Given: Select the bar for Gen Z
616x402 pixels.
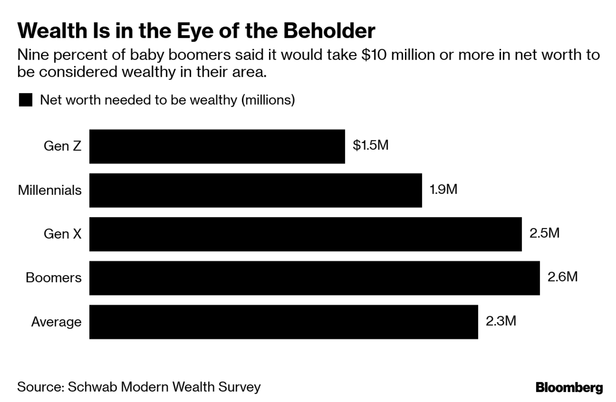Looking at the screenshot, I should pyautogui.click(x=217, y=146).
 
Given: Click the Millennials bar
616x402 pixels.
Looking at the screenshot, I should pyautogui.click(x=255, y=190).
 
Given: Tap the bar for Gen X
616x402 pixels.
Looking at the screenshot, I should pyautogui.click(x=305, y=234).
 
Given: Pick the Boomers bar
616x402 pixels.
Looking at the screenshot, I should pyautogui.click(x=314, y=278).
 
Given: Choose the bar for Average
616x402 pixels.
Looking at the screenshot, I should pyautogui.click(x=283, y=322).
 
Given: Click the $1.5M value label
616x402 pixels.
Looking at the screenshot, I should pyautogui.click(x=371, y=145).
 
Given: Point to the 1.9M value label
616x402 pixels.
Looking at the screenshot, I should pyautogui.click(x=443, y=189).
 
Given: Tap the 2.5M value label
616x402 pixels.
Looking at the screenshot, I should pyautogui.click(x=544, y=233).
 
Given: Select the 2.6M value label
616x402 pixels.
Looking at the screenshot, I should pyautogui.click(x=562, y=277).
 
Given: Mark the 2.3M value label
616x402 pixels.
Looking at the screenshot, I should pyautogui.click(x=501, y=321).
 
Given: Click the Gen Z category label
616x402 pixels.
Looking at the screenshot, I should pyautogui.click(x=62, y=146).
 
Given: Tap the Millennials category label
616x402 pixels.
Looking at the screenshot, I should pyautogui.click(x=50, y=190).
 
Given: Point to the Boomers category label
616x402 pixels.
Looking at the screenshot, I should pyautogui.click(x=53, y=278).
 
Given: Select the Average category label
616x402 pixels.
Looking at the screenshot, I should pyautogui.click(x=56, y=322).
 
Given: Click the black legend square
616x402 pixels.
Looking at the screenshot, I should pyautogui.click(x=26, y=100).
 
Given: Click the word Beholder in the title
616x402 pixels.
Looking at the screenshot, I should pyautogui.click(x=329, y=31).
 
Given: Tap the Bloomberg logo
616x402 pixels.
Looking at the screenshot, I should pyautogui.click(x=569, y=387).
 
